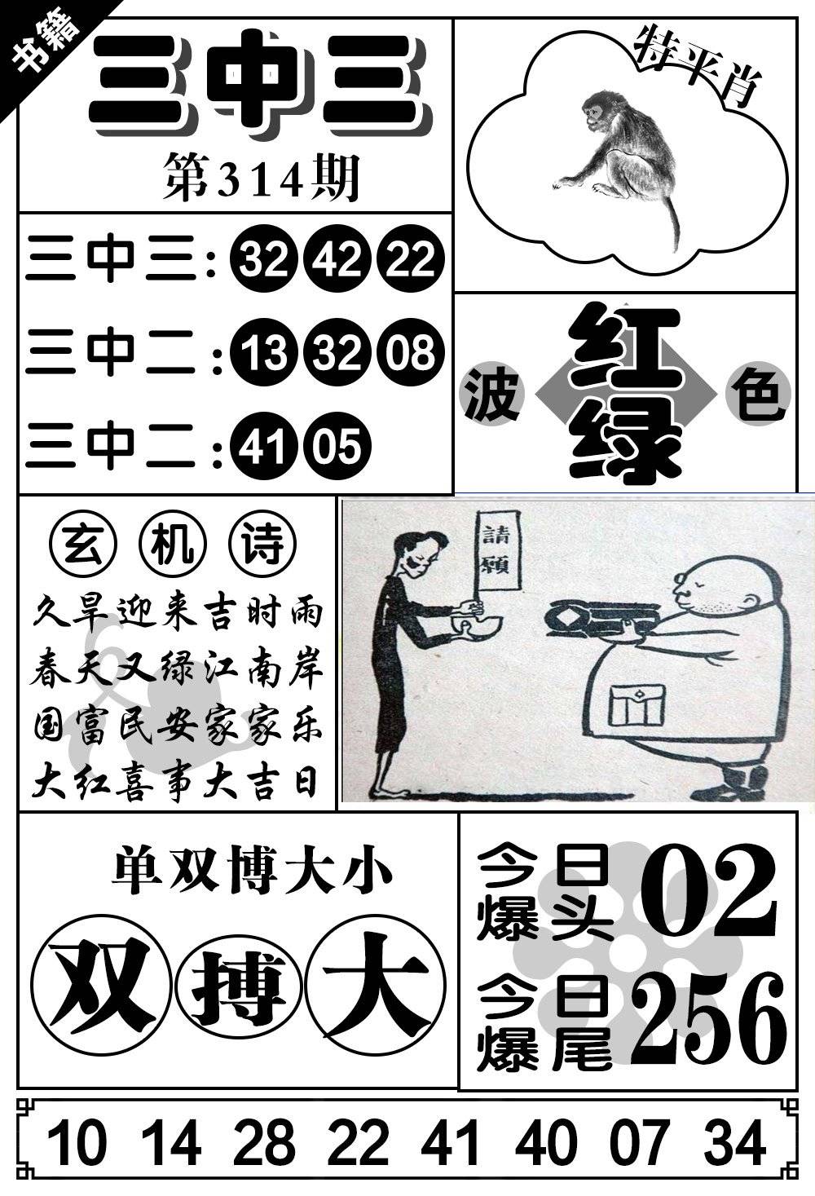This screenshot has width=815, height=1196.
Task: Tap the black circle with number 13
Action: pos(262,353)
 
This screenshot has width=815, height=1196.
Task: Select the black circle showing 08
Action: pos(409,353)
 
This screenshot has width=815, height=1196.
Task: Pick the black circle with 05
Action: pos(337,446)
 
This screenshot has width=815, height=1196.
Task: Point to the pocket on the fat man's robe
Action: pos(637,704)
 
